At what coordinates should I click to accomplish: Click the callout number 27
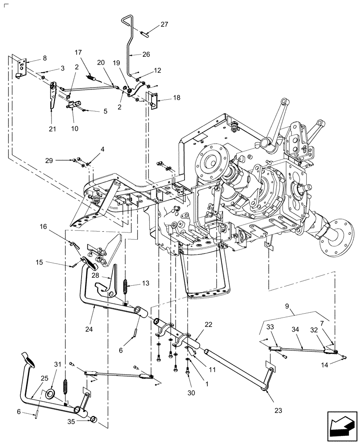coord(164,25)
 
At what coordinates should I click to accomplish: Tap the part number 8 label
coord(44,58)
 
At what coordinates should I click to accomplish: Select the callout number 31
coord(56,364)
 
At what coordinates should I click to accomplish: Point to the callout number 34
coord(307,329)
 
